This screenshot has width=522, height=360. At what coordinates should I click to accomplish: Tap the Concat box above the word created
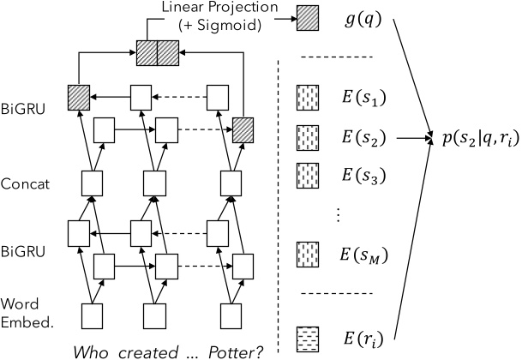pos(141,183)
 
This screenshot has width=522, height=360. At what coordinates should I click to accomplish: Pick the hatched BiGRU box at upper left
pos(79,98)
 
